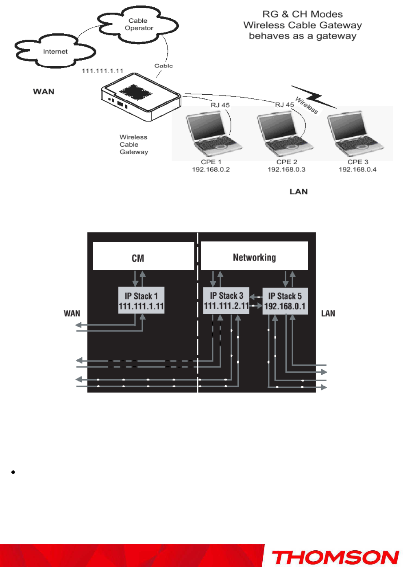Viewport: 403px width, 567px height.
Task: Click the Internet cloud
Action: point(55,51)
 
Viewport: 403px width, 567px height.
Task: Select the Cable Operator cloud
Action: point(138,24)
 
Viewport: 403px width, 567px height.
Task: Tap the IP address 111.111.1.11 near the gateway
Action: point(102,71)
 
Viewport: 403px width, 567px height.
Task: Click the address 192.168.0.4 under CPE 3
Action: point(357,169)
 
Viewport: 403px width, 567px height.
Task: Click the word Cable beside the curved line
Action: point(163,66)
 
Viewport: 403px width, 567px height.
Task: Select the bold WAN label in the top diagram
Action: point(44,92)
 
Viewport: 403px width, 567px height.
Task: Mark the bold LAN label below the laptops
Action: point(298,192)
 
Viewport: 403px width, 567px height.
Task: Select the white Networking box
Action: point(254,256)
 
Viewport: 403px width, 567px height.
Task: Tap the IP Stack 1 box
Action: point(141,301)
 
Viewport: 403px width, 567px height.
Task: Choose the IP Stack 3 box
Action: point(226,300)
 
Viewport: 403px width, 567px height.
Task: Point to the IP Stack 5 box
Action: point(285,301)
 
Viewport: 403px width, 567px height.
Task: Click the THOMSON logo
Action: point(335,557)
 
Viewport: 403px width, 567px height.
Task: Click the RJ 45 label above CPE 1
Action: point(220,105)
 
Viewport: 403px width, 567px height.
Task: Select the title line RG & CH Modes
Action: point(302,14)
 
